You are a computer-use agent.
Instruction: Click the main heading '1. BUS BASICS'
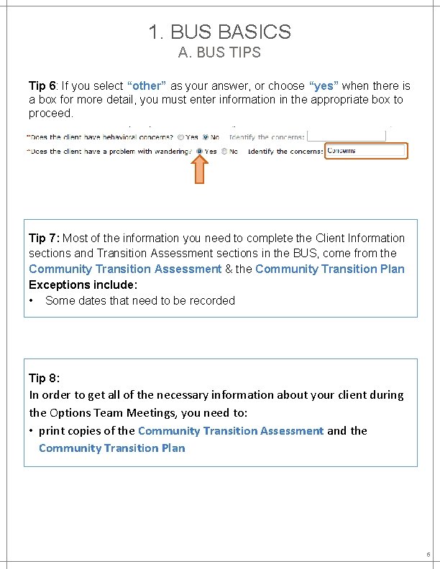(219, 32)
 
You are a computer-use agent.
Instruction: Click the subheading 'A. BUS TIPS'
(219, 52)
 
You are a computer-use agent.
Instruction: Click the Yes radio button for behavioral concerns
(180, 137)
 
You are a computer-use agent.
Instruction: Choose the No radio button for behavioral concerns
(206, 137)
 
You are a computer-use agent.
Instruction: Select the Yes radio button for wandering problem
(200, 152)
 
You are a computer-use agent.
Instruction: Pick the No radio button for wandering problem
(225, 152)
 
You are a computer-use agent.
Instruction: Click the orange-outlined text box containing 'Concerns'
(366, 151)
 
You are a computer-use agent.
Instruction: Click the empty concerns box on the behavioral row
(347, 136)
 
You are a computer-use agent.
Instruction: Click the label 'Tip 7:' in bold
(45, 238)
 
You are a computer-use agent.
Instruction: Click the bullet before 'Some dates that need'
(33, 300)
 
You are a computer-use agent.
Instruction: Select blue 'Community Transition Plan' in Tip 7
(330, 269)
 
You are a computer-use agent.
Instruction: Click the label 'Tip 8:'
(44, 377)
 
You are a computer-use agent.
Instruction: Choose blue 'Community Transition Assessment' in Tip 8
(230, 430)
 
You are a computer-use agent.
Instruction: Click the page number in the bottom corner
(428, 555)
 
